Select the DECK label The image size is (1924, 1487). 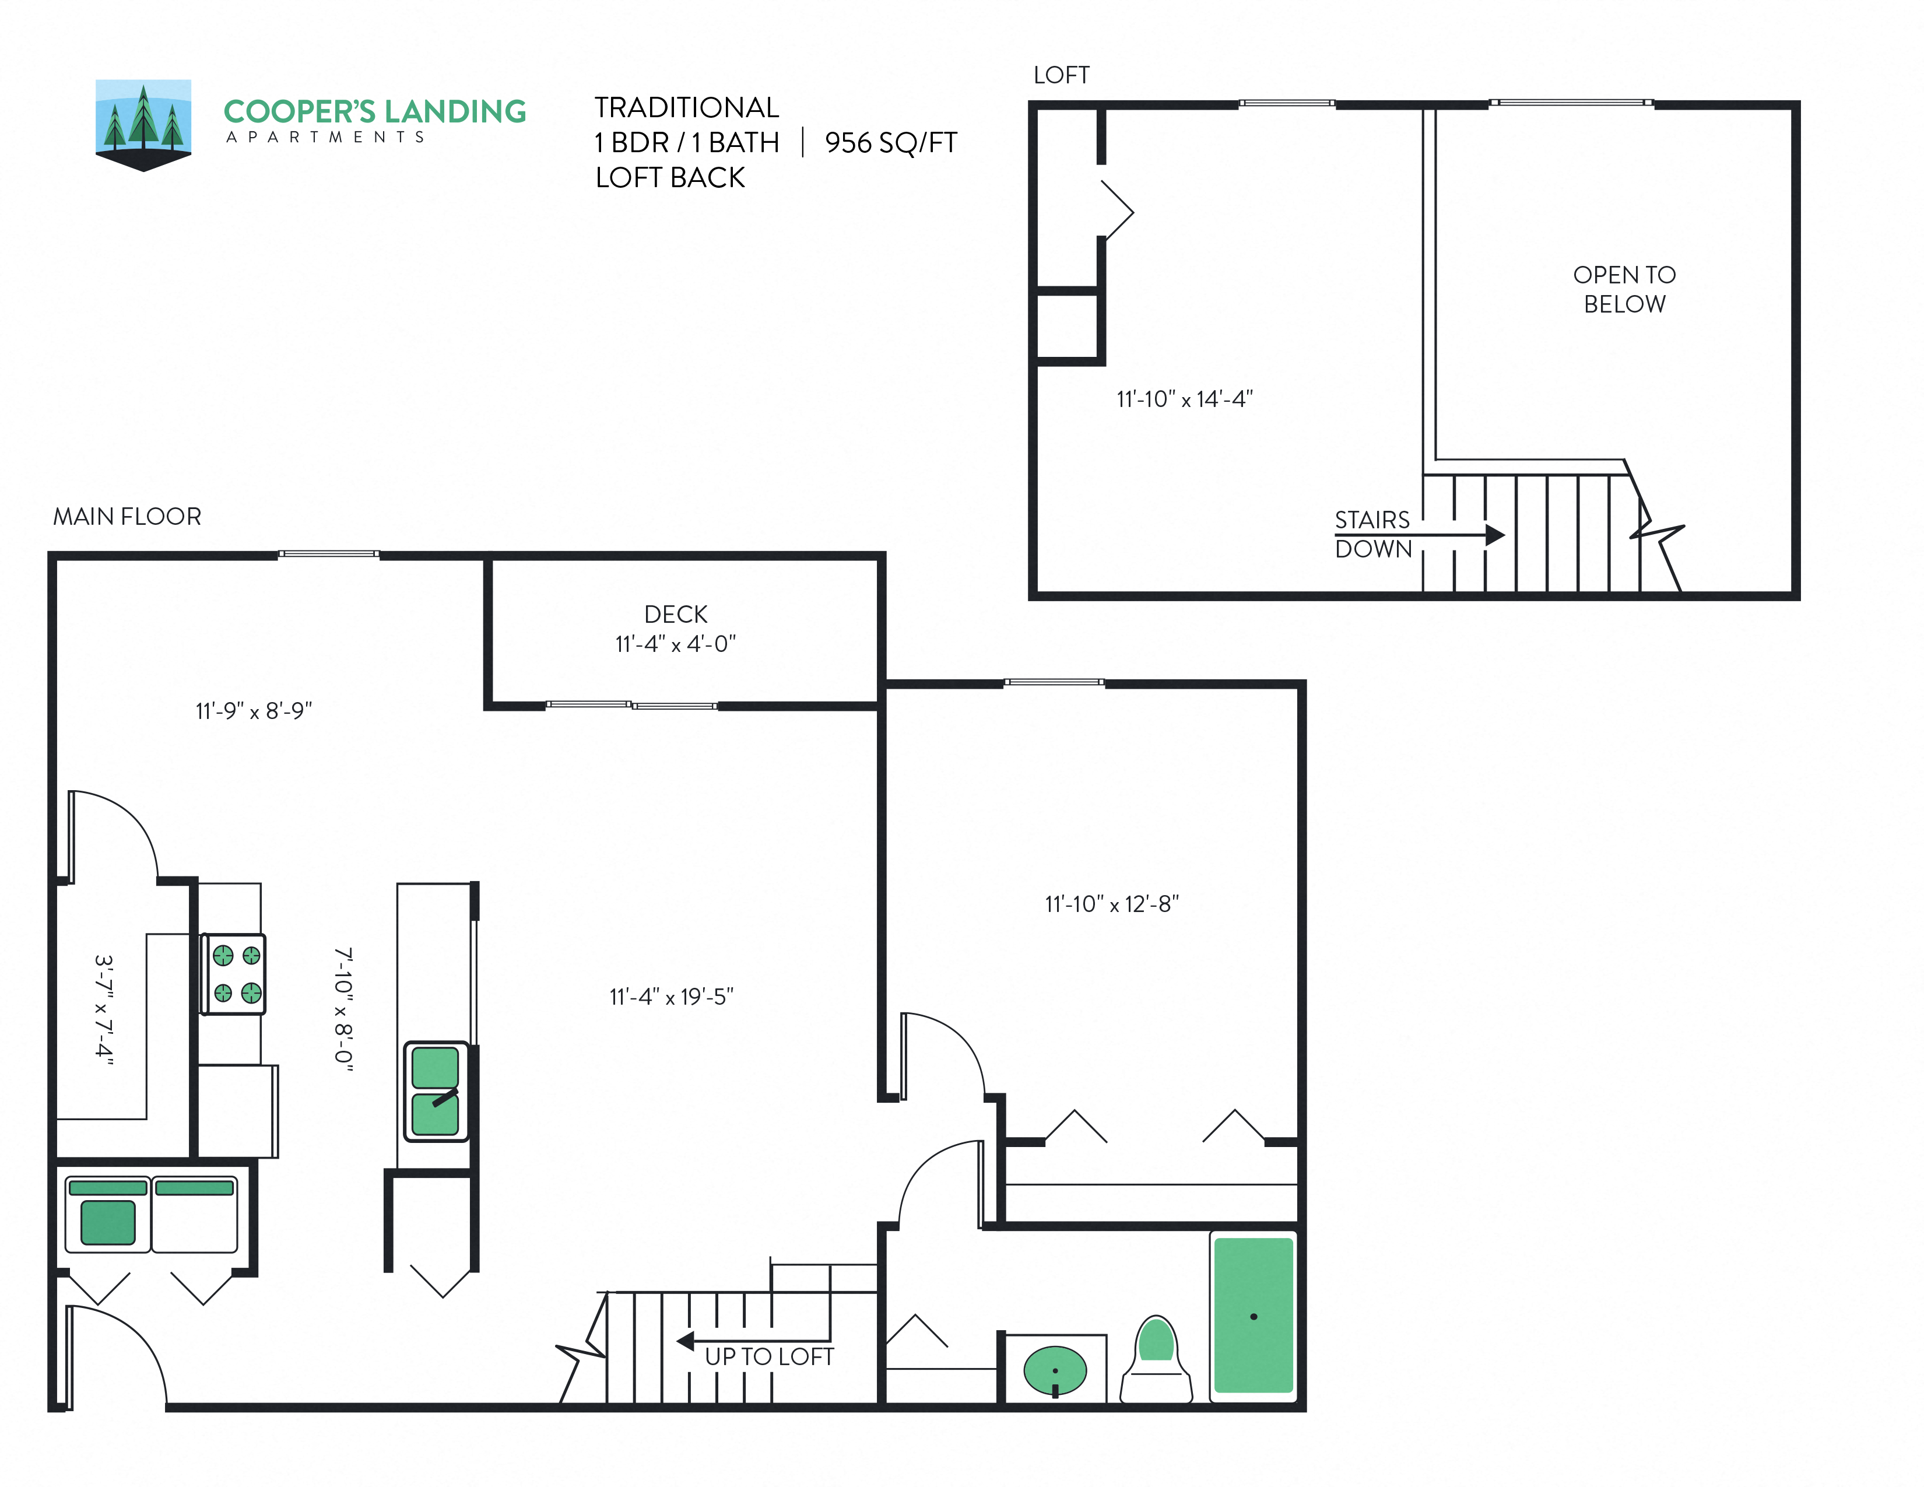(x=676, y=614)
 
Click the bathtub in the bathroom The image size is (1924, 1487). (x=1253, y=1315)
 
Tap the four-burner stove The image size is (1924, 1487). (x=233, y=974)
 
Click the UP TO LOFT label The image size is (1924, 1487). (x=769, y=1356)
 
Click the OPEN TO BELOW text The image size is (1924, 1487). (x=1624, y=289)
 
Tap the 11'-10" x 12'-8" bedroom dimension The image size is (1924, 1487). (x=1112, y=904)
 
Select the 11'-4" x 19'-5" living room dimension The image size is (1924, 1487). (x=671, y=997)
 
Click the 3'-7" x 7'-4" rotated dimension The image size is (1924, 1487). (x=104, y=1011)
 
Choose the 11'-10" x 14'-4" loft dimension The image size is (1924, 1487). (x=1184, y=399)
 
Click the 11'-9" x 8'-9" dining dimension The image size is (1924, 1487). (x=254, y=711)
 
